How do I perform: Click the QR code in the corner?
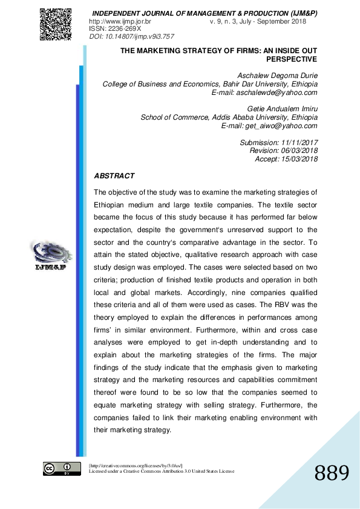click(x=56, y=24)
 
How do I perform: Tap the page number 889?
click(x=332, y=473)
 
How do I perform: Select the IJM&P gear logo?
click(x=50, y=253)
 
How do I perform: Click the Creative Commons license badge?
click(x=61, y=468)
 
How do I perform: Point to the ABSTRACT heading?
click(x=114, y=176)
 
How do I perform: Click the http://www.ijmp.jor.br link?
click(x=119, y=21)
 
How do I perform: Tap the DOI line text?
click(x=123, y=36)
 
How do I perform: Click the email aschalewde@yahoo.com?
click(x=278, y=92)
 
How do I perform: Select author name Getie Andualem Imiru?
click(x=283, y=109)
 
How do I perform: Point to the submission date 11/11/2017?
click(x=298, y=143)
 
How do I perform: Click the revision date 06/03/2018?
click(x=297, y=151)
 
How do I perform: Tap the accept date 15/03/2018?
click(x=297, y=159)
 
